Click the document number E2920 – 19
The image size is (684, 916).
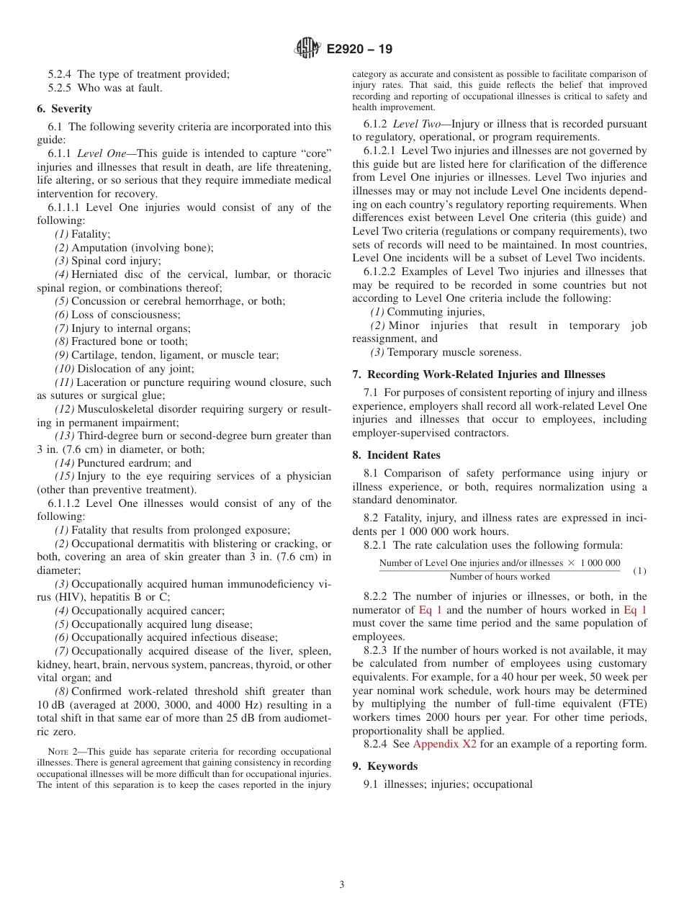pos(359,50)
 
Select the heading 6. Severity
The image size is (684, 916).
pos(64,109)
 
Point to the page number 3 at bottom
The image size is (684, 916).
pos(342,884)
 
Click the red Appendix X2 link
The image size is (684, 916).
pos(444,744)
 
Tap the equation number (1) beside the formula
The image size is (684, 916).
pos(639,571)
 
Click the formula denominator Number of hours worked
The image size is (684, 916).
pos(499,577)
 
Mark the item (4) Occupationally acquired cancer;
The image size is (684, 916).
pos(140,611)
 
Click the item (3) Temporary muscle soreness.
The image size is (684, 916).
pos(445,352)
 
